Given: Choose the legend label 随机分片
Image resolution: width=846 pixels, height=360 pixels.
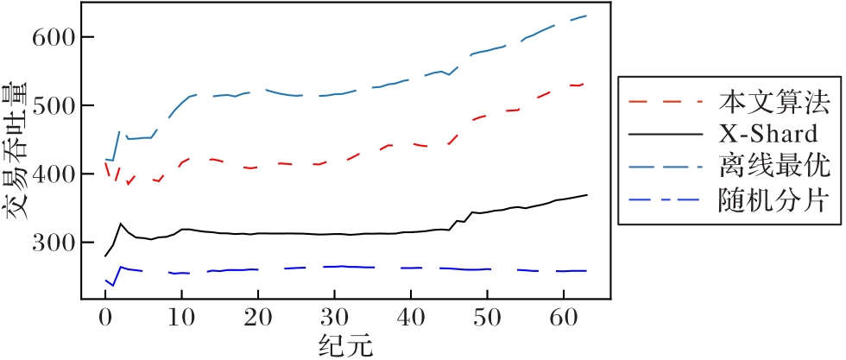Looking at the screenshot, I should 773,202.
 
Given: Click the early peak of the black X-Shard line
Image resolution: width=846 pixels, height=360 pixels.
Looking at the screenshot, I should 121,224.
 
